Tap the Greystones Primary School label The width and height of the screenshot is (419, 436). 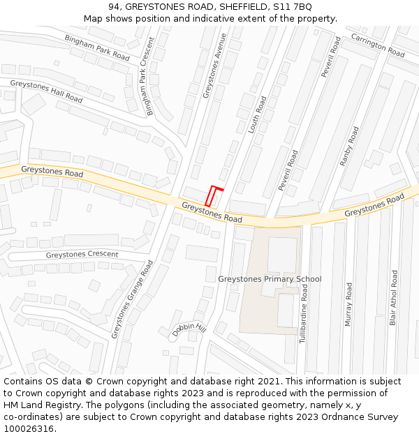270,279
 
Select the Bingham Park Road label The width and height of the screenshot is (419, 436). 97,47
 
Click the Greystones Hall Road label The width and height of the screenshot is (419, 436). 46,91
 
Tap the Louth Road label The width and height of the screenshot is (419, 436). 258,114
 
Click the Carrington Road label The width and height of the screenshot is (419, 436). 377,45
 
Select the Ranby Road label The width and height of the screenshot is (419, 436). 348,146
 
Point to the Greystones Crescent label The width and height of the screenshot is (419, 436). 82,255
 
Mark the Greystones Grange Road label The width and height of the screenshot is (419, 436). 132,299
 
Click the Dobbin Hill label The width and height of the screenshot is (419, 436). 189,330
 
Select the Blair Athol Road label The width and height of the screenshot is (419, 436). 394,298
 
